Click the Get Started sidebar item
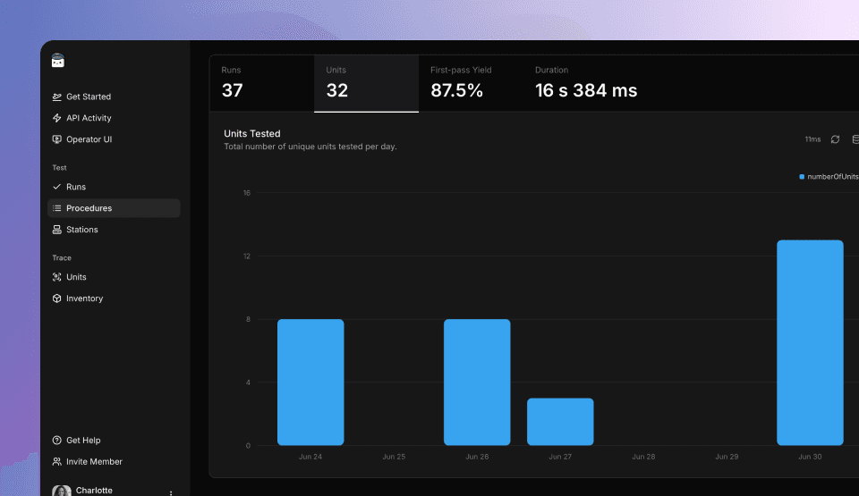click(88, 97)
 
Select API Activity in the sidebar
click(88, 118)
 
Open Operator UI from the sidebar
click(88, 139)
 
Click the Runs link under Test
click(75, 187)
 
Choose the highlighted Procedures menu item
click(89, 208)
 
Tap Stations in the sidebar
click(81, 230)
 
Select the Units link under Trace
click(76, 277)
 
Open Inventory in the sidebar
click(84, 298)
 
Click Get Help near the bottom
click(82, 441)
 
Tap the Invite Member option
click(93, 462)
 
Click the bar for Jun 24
click(310, 382)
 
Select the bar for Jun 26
click(477, 382)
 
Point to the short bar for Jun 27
click(560, 422)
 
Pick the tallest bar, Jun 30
click(810, 342)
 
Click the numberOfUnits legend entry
click(830, 177)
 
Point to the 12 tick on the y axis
click(247, 256)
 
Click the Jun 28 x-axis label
click(643, 457)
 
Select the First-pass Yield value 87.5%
click(456, 90)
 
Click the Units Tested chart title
click(252, 134)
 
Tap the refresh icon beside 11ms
click(835, 139)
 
